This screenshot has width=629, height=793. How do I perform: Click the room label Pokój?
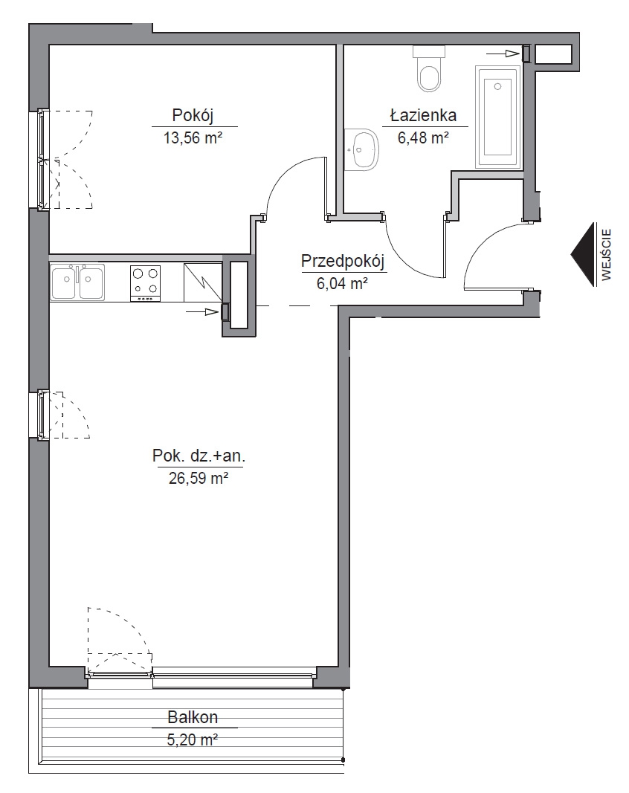click(x=193, y=116)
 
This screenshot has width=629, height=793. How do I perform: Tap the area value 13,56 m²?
click(x=193, y=137)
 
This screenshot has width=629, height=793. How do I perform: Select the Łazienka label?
click(x=424, y=115)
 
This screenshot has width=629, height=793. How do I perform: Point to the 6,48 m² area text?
click(x=424, y=137)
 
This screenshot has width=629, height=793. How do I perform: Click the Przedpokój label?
click(x=343, y=262)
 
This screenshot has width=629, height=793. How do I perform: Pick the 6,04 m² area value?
click(x=342, y=284)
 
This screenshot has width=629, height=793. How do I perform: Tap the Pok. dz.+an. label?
click(x=199, y=456)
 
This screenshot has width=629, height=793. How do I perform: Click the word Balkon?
click(x=193, y=717)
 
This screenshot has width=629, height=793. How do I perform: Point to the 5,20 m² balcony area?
click(x=193, y=740)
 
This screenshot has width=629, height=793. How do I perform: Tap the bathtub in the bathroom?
click(x=497, y=117)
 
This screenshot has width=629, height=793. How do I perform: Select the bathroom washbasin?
click(x=362, y=149)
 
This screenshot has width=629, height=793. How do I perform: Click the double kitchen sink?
click(x=77, y=282)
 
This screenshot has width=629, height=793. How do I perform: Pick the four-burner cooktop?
click(x=146, y=284)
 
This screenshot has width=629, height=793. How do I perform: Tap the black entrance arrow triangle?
click(x=582, y=254)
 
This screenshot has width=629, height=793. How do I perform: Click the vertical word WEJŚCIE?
click(x=607, y=254)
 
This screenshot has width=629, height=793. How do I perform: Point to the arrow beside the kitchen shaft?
click(x=202, y=312)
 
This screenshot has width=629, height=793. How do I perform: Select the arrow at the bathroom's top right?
click(x=503, y=53)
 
